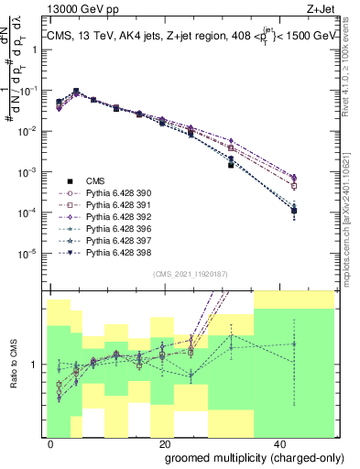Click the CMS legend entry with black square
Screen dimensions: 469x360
coord(96,181)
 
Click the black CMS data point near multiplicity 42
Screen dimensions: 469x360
coord(294,211)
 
